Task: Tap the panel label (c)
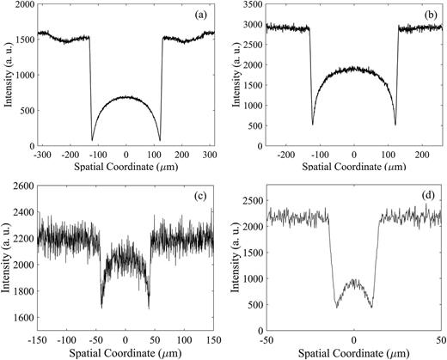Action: click(x=197, y=198)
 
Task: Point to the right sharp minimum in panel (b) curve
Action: click(x=395, y=125)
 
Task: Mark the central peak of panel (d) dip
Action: click(x=354, y=280)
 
